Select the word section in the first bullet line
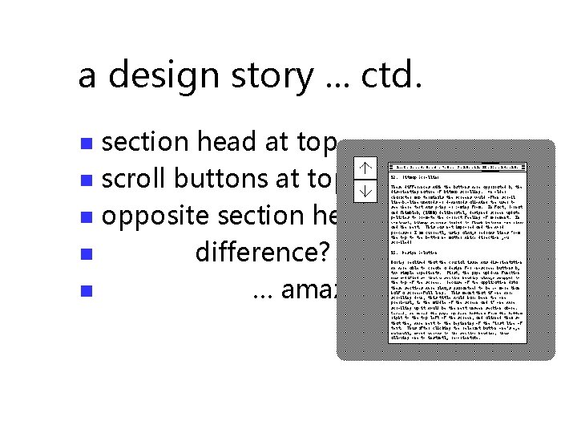tap(143, 142)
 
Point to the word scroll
tap(134, 179)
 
